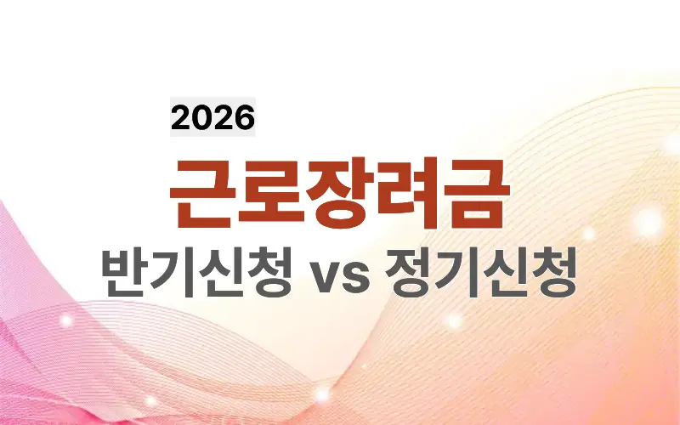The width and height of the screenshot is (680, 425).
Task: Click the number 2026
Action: [212, 117]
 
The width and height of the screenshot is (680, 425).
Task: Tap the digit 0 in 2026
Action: [202, 117]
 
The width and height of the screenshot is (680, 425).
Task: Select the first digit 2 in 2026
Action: [182, 117]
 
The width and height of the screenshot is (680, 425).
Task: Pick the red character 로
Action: [271, 194]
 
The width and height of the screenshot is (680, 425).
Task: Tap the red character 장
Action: [340, 194]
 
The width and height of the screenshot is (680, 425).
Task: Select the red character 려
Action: [409, 194]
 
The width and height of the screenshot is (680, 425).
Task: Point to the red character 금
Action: [477, 194]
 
